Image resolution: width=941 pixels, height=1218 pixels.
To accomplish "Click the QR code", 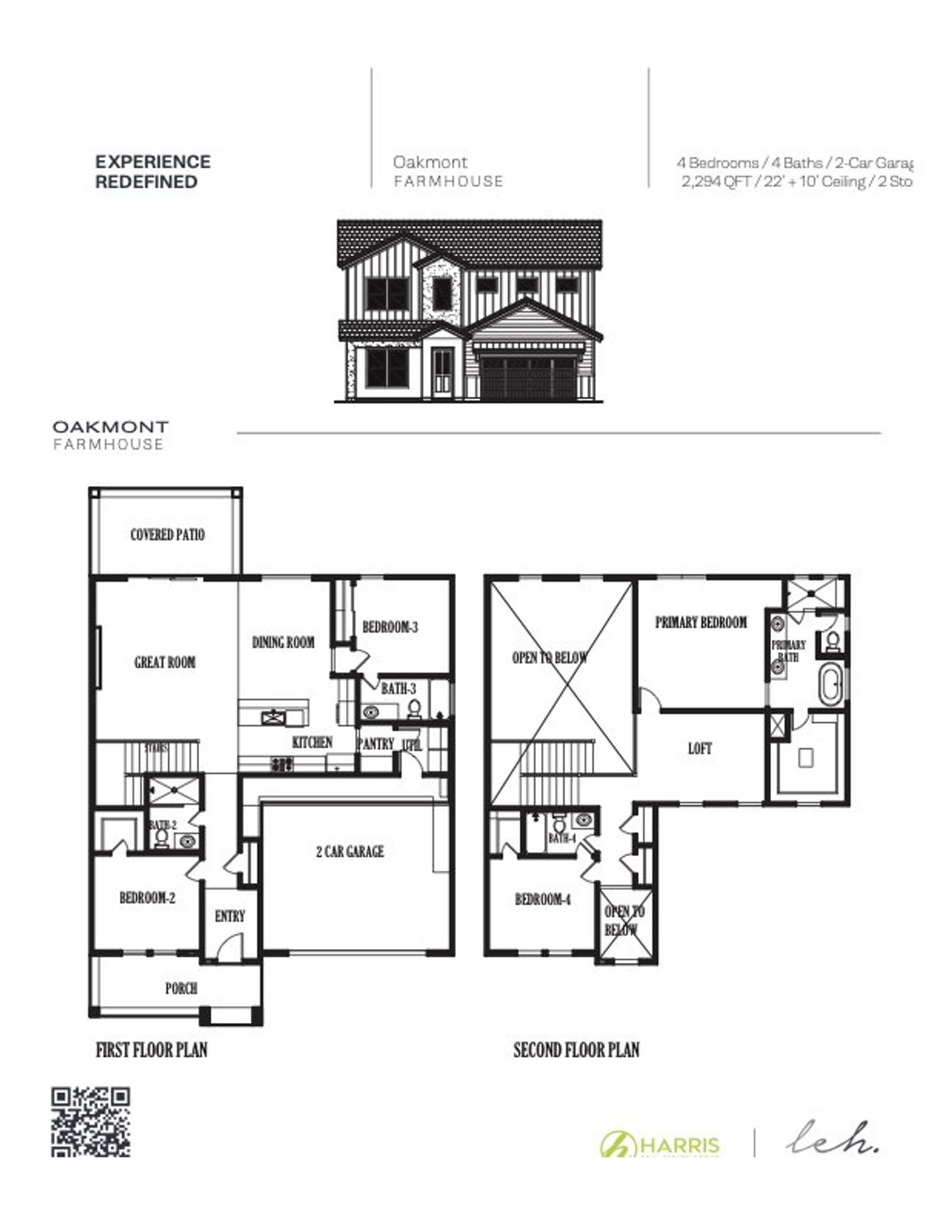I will click(x=90, y=1122).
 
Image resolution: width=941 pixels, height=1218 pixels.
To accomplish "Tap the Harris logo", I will click(x=660, y=1144).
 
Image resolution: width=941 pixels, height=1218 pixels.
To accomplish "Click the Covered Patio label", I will click(x=167, y=535).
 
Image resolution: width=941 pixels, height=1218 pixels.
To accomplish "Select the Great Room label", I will click(x=165, y=663).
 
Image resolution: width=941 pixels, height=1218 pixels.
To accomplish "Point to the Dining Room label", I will click(x=283, y=642).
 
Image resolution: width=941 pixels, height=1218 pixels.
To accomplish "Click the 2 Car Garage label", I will click(x=350, y=852).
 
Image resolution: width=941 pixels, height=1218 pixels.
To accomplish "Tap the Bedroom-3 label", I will click(x=390, y=627).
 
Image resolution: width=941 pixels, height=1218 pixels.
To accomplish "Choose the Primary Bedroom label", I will click(x=701, y=622).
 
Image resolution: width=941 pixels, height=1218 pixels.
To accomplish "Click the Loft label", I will click(x=700, y=749).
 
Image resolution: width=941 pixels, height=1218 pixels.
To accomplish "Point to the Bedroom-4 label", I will click(x=543, y=900).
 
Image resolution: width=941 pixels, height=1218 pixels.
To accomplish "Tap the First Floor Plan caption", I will click(x=151, y=1050).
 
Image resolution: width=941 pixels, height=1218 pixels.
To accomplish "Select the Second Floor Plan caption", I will click(x=576, y=1050).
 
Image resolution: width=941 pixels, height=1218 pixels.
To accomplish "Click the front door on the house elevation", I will click(x=443, y=372).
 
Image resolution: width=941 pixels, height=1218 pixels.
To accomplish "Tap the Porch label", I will click(x=181, y=989).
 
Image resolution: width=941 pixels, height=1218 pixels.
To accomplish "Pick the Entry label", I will click(x=229, y=916).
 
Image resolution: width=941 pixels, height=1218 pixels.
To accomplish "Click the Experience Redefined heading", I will click(x=153, y=171).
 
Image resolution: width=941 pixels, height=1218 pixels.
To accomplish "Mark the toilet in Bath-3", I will click(x=414, y=709).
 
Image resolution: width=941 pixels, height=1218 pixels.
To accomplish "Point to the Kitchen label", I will click(x=312, y=743).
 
